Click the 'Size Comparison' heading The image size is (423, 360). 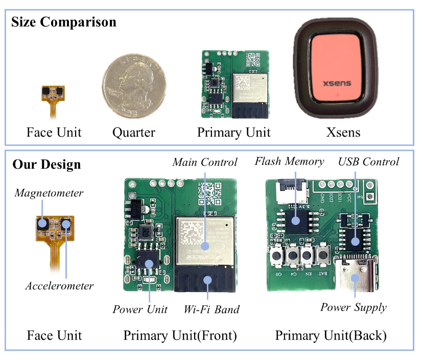click(x=64, y=22)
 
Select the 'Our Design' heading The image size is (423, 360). click(x=46, y=165)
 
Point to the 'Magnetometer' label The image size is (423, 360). click(x=49, y=193)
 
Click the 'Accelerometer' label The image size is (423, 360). click(x=60, y=286)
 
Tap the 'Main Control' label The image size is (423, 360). click(x=205, y=163)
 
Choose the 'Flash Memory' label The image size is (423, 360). click(x=289, y=162)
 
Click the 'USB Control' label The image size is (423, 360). click(x=368, y=162)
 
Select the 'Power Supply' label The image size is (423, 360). click(x=354, y=307)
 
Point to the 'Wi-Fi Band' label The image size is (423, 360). click(x=211, y=309)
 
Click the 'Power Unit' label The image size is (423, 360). click(x=140, y=309)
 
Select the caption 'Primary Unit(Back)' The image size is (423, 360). click(x=331, y=336)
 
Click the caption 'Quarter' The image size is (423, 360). click(x=134, y=132)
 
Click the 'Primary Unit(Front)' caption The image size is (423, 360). click(x=180, y=336)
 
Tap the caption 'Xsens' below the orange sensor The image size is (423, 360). click(x=343, y=132)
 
